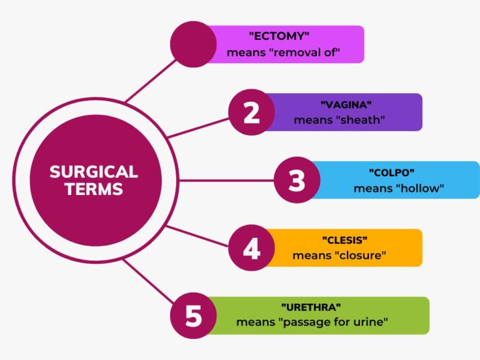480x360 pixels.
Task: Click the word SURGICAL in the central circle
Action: [94, 172]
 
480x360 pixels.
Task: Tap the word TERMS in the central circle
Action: [94, 189]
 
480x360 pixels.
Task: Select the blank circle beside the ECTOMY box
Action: [193, 44]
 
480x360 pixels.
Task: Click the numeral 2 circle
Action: [251, 112]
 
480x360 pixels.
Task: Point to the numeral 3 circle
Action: [297, 180]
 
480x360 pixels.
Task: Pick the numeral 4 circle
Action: [251, 247]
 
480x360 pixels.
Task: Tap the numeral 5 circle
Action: [193, 316]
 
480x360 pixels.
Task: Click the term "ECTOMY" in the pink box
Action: [279, 36]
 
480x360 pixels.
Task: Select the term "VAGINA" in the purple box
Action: [346, 105]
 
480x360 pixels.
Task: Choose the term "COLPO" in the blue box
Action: [391, 172]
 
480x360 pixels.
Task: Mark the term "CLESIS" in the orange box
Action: [345, 240]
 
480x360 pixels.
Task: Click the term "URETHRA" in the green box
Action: [311, 307]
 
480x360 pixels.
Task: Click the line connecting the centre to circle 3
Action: [226, 180]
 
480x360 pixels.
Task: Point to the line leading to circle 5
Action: [149, 281]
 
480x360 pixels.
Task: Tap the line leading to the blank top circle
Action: [151, 81]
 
